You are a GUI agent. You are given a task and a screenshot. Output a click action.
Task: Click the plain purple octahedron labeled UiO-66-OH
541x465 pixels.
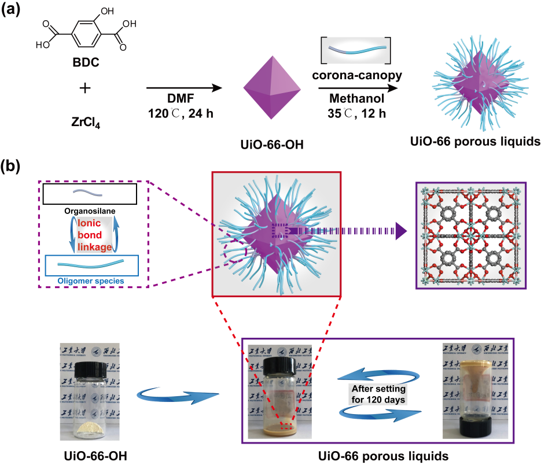point(271,88)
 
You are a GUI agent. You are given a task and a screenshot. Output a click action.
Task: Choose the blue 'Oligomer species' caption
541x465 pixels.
point(92,281)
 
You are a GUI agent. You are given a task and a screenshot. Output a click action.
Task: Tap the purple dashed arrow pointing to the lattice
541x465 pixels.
point(347,232)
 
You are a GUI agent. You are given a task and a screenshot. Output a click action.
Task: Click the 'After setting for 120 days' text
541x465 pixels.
point(379,393)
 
